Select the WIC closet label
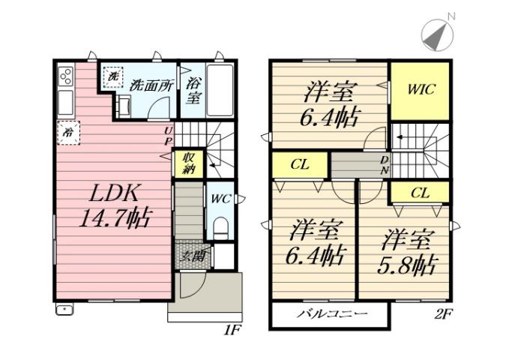421,88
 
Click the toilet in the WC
220,228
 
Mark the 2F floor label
443,314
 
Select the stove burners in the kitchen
65,76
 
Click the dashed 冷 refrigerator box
68,132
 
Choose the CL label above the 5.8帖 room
420,193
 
